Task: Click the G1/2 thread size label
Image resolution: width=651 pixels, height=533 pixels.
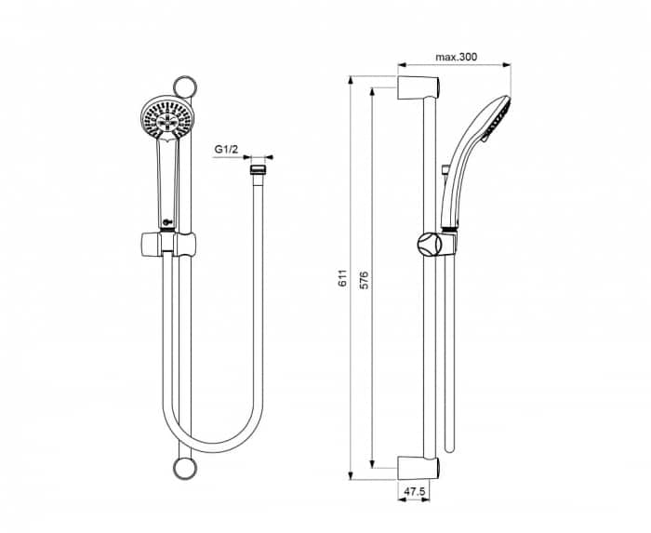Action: pyautogui.click(x=229, y=149)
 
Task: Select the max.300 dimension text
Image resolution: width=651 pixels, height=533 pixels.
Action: pyautogui.click(x=456, y=58)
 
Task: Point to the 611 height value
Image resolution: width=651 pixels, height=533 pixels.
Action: pyautogui.click(x=342, y=277)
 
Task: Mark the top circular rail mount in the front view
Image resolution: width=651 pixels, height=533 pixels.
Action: pyautogui.click(x=189, y=90)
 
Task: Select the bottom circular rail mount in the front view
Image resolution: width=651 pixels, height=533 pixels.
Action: pyautogui.click(x=184, y=467)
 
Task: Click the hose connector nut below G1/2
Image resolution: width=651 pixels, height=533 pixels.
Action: pyautogui.click(x=257, y=171)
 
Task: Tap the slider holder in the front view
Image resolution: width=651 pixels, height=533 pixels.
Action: pyautogui.click(x=168, y=245)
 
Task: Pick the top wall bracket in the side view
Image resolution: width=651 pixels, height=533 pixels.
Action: pyautogui.click(x=416, y=88)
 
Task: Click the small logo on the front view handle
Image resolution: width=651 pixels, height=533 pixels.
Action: pyautogui.click(x=165, y=220)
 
